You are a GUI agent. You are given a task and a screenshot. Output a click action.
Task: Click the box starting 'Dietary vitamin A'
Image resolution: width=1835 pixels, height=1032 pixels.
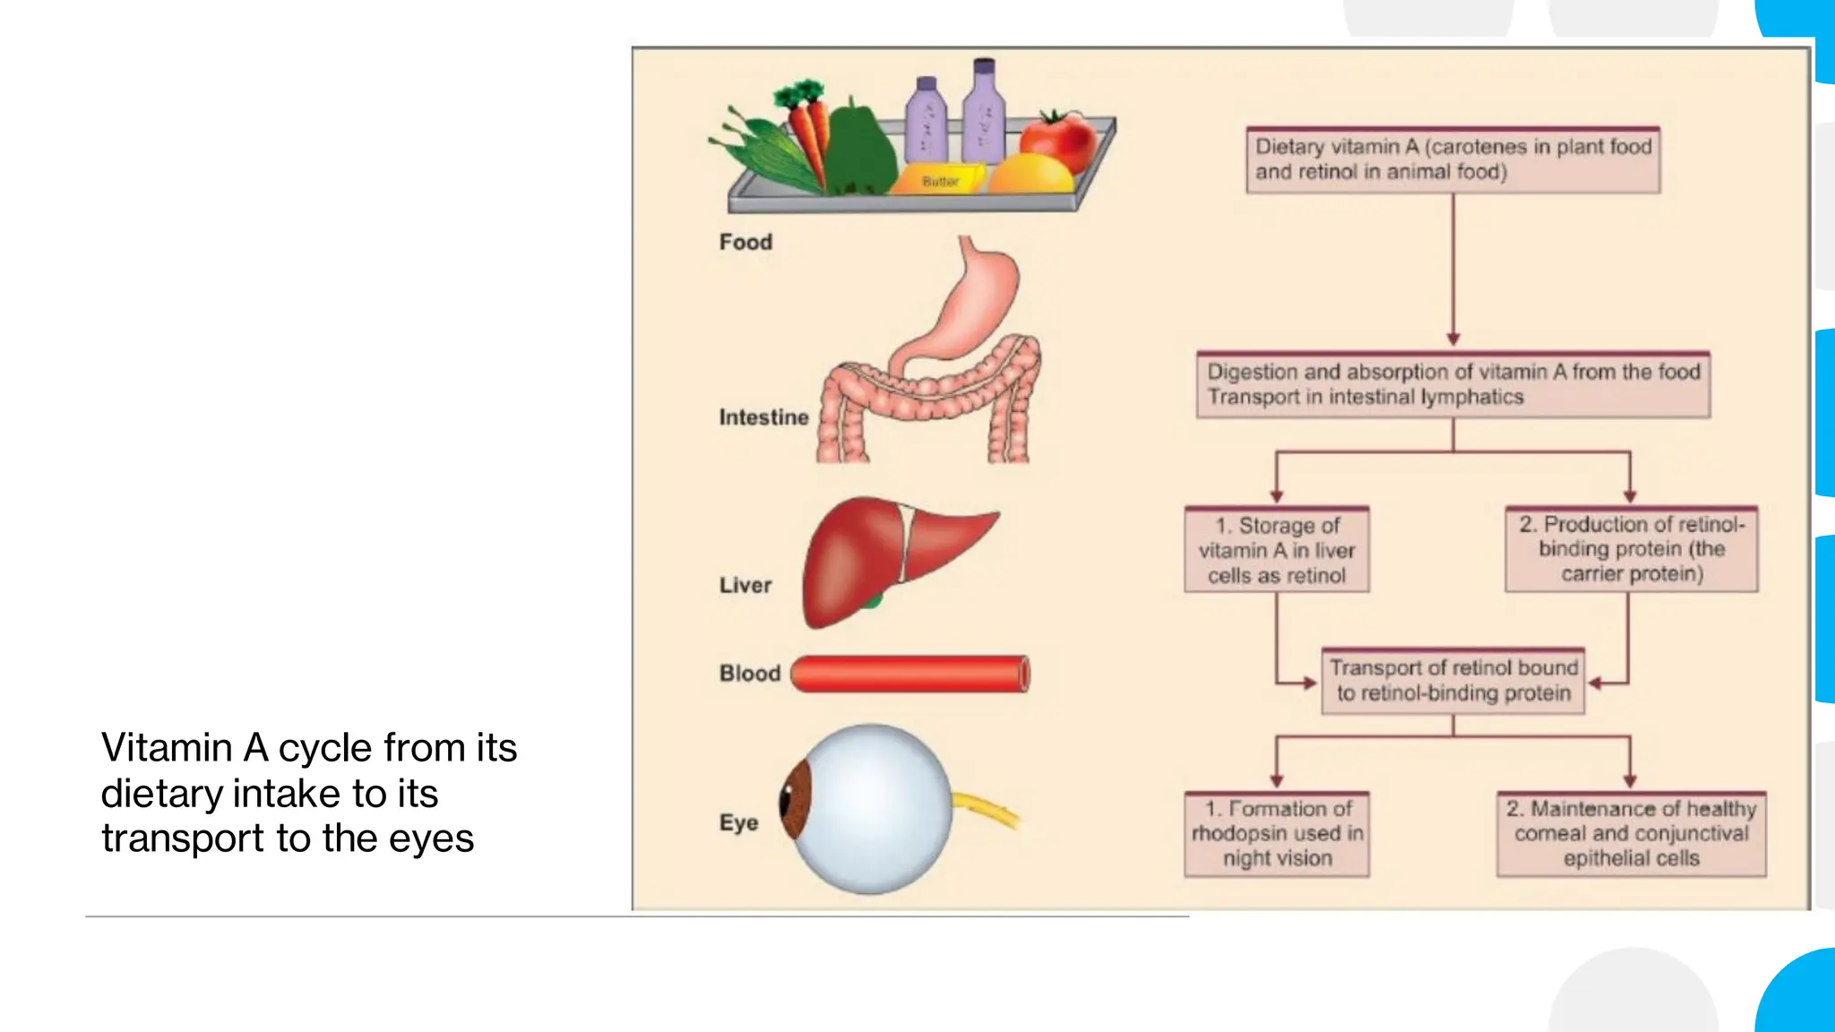[1452, 159]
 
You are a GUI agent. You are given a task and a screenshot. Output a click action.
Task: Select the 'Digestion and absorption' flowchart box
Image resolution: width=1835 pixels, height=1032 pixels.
[1452, 384]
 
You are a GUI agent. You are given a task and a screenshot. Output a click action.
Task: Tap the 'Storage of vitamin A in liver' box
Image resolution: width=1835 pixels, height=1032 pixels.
[1276, 550]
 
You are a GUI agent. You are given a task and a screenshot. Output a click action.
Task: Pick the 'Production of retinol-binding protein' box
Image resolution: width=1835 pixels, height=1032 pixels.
[1631, 549]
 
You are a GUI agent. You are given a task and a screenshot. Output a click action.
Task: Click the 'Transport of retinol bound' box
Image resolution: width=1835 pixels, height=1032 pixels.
[1452, 681]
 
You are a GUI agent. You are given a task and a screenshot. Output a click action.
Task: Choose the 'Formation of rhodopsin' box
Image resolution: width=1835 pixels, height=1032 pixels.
[1276, 833]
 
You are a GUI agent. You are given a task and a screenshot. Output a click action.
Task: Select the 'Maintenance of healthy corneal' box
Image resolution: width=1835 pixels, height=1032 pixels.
[1631, 833]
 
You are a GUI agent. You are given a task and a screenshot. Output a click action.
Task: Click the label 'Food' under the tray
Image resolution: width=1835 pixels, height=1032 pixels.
[745, 242]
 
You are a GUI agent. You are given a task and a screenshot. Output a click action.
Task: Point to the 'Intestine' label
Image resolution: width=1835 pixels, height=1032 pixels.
[763, 417]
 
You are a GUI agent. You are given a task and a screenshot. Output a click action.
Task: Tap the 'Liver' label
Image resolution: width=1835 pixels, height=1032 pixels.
[745, 585]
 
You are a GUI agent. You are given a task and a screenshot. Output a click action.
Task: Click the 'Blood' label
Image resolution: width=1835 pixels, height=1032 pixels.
[750, 674]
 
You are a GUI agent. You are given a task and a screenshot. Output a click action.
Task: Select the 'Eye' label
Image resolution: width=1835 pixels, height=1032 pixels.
[738, 822]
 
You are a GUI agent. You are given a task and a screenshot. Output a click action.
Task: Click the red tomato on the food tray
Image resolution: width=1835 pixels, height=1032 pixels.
[1057, 141]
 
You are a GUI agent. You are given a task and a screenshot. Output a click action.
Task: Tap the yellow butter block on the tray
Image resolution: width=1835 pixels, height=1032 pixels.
[940, 178]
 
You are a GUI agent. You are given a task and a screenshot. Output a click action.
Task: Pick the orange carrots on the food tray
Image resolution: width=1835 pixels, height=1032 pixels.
[810, 134]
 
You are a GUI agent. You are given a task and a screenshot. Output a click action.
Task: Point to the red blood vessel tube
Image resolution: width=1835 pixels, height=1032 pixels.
[909, 674]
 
